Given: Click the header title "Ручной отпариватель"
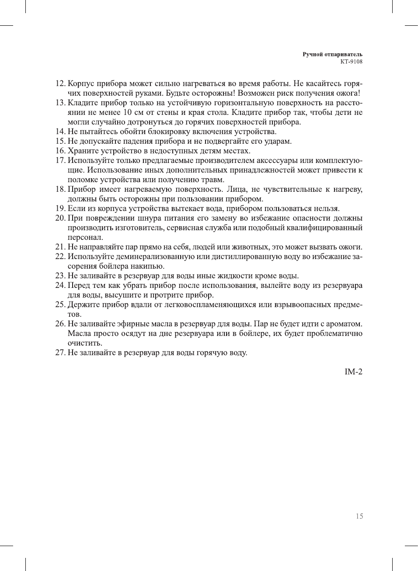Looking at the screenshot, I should click(x=332, y=55).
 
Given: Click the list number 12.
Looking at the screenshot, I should click(x=60, y=84).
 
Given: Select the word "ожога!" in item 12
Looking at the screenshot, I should click(x=348, y=93).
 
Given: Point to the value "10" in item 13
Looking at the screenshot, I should click(x=128, y=112).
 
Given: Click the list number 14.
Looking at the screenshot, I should click(x=60, y=132).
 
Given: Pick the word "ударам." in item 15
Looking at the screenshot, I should click(x=279, y=141).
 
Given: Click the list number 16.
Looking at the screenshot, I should click(x=60, y=151).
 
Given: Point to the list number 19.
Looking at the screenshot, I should click(x=60, y=208).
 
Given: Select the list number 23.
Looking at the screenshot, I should click(x=60, y=276).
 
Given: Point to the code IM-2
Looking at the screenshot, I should click(x=353, y=372).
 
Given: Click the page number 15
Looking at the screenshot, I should click(x=359, y=516).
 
